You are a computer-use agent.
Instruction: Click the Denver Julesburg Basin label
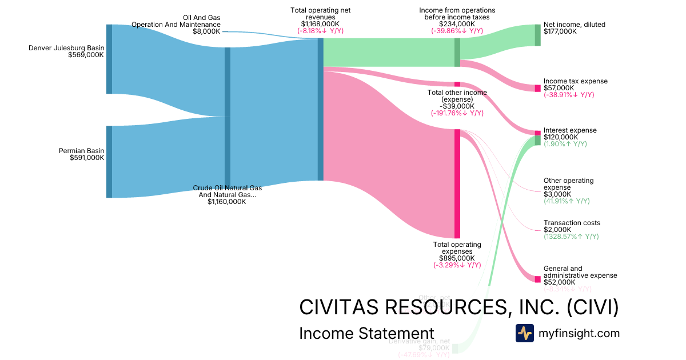pyautogui.click(x=66, y=48)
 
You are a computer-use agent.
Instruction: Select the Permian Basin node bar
pyautogui.click(x=109, y=162)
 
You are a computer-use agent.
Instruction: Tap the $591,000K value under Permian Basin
pyautogui.click(x=86, y=158)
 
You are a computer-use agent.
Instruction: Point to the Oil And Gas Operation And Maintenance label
pyautogui.click(x=176, y=21)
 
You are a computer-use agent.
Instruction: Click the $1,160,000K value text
pyautogui.click(x=227, y=202)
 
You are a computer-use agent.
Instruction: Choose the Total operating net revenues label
pyautogui.click(x=320, y=14)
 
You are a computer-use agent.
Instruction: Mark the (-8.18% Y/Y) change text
pyautogui.click(x=320, y=31)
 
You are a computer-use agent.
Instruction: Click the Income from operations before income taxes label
pyautogui.click(x=457, y=14)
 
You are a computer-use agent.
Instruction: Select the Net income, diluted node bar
pyautogui.click(x=537, y=35)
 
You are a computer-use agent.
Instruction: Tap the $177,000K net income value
pyautogui.click(x=560, y=31)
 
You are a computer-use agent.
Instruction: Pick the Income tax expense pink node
pyautogui.click(x=537, y=88)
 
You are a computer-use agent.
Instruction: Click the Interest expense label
pyautogui.click(x=570, y=130)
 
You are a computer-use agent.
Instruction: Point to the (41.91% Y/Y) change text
pyautogui.click(x=567, y=201)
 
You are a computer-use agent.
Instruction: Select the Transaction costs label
pyautogui.click(x=572, y=223)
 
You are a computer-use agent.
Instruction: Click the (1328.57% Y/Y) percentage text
pyautogui.click(x=571, y=237)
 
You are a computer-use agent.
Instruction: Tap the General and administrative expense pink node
pyautogui.click(x=537, y=279)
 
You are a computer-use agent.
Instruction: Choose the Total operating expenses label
pyautogui.click(x=457, y=248)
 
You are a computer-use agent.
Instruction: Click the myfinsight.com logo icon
pyautogui.click(x=524, y=333)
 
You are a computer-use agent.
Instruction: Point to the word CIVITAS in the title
pyautogui.click(x=342, y=307)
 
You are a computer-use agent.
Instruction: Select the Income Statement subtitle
pyautogui.click(x=366, y=334)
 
